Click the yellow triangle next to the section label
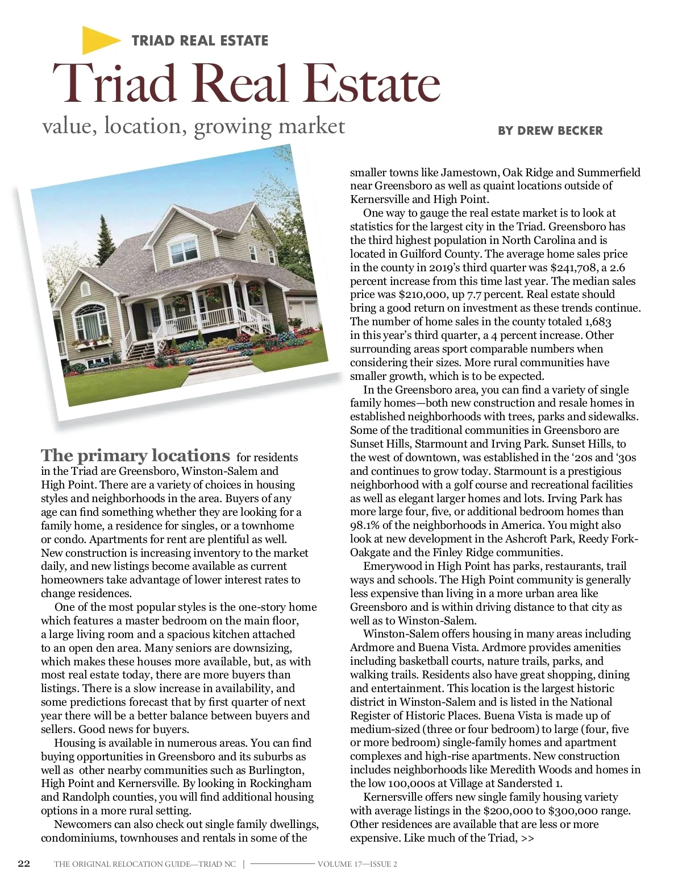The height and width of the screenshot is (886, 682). (99, 40)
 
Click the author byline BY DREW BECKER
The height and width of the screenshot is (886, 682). (550, 131)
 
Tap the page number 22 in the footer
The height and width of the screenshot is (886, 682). (24, 863)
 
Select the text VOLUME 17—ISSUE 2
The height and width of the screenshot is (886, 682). (357, 864)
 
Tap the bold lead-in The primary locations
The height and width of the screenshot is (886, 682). (135, 456)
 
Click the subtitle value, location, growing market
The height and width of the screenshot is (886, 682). (193, 126)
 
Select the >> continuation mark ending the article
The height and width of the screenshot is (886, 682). (527, 838)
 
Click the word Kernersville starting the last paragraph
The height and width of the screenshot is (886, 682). (397, 797)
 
